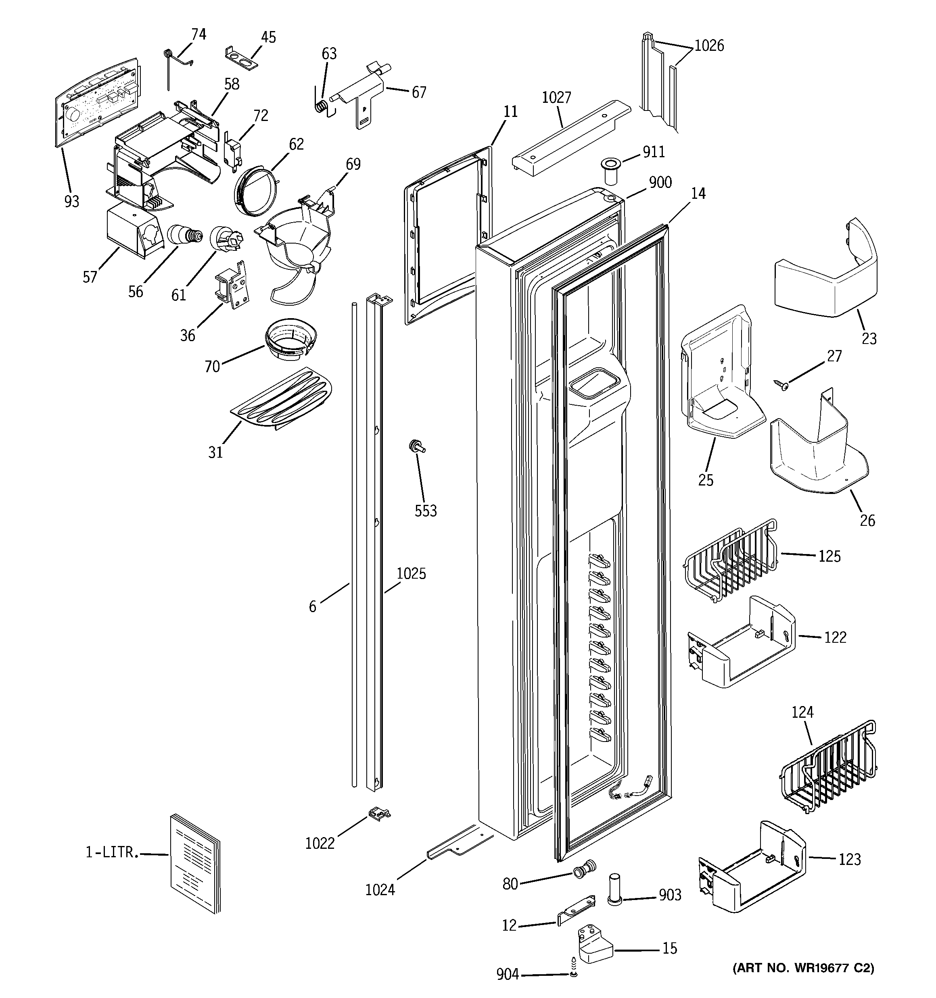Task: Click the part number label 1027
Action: (x=557, y=98)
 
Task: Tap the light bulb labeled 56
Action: (x=184, y=234)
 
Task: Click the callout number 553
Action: (x=426, y=511)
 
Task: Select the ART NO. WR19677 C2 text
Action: (x=803, y=968)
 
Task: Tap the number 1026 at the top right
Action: (x=709, y=46)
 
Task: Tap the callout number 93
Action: (x=72, y=201)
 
